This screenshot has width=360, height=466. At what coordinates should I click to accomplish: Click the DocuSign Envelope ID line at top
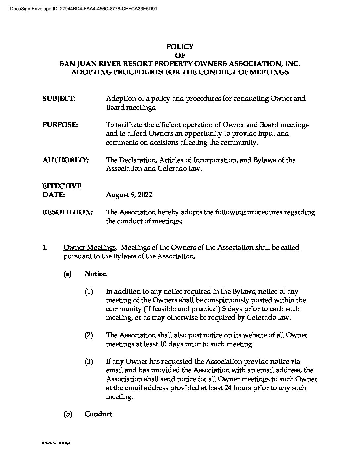point(79,9)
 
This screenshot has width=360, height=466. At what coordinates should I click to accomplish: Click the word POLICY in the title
point(180,47)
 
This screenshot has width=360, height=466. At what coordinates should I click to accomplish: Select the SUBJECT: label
point(59,99)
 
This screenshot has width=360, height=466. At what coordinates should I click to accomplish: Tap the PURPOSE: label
point(60,125)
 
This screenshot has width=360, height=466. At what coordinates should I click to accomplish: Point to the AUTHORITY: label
point(66,160)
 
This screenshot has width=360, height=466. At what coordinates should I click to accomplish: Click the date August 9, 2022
point(129,195)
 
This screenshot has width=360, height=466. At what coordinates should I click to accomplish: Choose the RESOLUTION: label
point(67,212)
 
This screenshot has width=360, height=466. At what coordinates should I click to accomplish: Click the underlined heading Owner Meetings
point(89,248)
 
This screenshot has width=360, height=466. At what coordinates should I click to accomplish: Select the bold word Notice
point(96,274)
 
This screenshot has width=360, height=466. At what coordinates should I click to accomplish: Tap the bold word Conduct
point(99,414)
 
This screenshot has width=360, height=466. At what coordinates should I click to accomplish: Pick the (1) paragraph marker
point(88,292)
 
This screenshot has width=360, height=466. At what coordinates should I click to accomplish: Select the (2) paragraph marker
point(88,335)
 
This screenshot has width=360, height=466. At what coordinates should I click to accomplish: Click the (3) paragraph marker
point(88,362)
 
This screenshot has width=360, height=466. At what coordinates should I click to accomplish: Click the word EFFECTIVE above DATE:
point(62,186)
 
